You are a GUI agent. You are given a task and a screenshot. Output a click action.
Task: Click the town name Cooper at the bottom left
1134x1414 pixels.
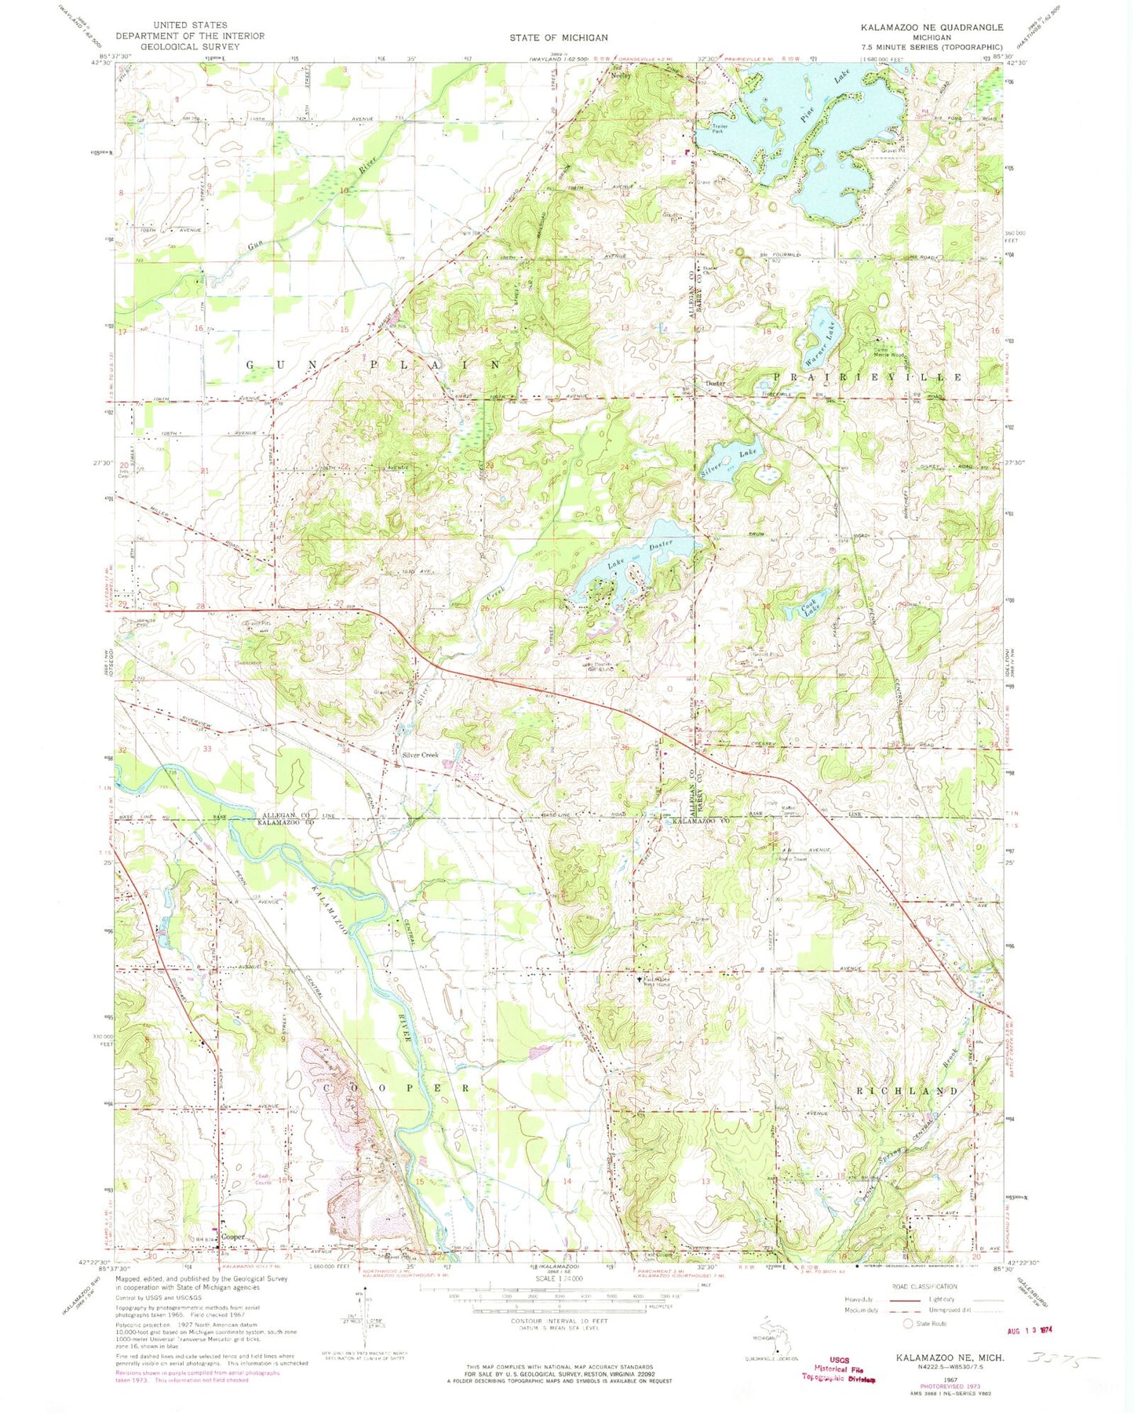[x=233, y=1237]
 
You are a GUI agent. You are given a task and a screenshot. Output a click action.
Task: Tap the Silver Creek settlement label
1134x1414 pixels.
[x=420, y=754]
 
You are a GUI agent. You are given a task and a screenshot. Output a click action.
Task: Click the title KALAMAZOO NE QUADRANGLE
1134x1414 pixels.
[x=931, y=27]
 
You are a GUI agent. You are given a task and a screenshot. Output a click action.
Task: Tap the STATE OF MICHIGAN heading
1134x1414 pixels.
[x=558, y=38]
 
